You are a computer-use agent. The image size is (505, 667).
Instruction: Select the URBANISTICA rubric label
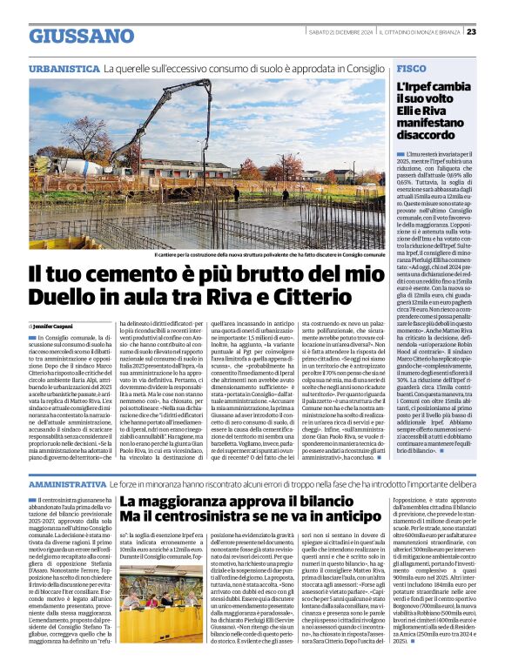(x=63, y=67)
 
